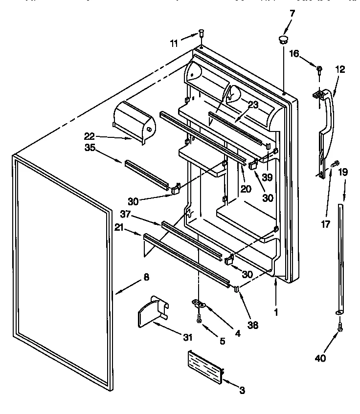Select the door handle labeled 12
326,122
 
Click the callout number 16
294,54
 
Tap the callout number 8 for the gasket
146,278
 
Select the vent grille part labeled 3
204,365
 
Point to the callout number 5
222,342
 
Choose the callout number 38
253,324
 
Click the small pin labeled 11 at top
201,34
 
